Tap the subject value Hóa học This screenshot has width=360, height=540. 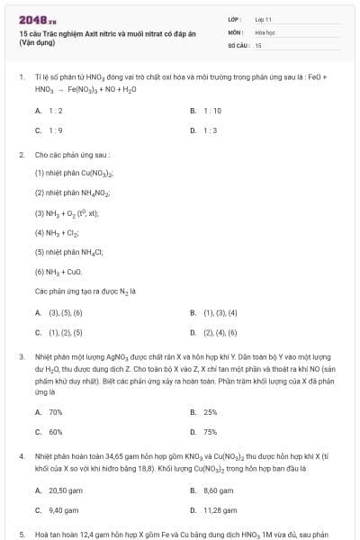[265, 31]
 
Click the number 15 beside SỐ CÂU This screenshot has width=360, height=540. [258, 44]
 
